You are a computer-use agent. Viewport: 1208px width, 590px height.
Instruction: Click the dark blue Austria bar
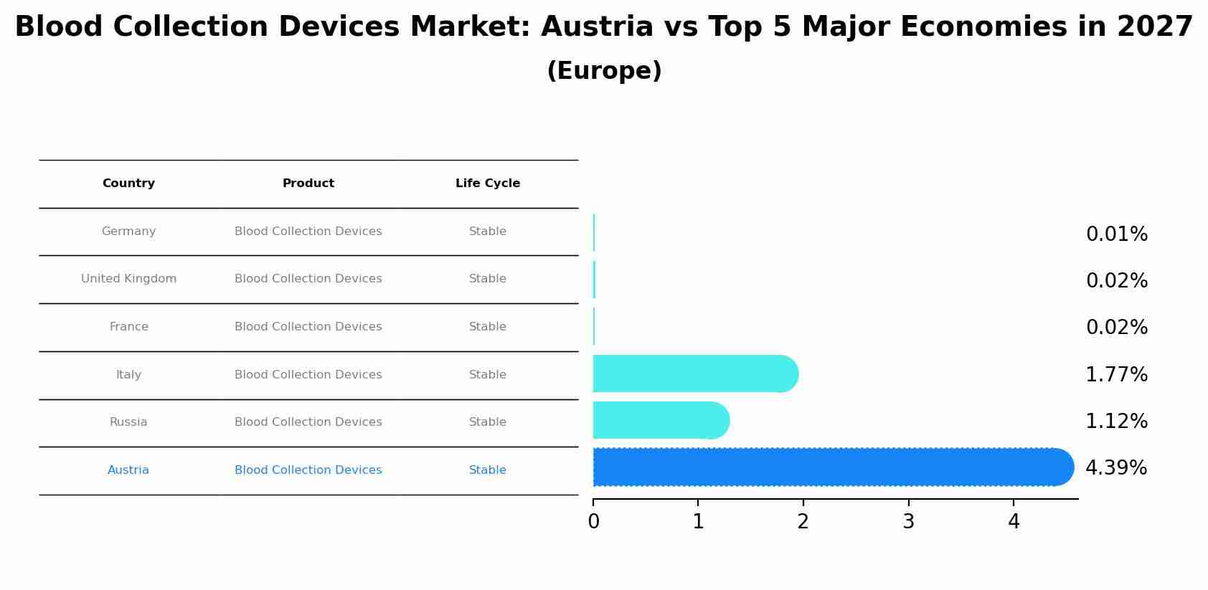[832, 467]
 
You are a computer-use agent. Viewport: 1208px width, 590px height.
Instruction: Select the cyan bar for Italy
[694, 374]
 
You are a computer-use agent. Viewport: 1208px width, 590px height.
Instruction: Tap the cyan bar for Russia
[660, 421]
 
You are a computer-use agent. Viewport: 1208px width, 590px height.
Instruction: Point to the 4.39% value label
[1116, 468]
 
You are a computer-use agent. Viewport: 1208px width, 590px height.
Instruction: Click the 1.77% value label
[1116, 375]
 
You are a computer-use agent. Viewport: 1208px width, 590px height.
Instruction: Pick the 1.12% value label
[1116, 422]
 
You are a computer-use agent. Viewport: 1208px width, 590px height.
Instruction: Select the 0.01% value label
[1116, 234]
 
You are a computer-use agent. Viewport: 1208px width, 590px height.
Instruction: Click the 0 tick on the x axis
[593, 522]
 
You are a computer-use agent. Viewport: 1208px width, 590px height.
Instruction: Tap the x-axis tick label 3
[908, 522]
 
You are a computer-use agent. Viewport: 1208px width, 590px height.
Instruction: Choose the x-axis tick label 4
[1013, 522]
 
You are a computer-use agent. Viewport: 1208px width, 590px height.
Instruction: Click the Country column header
[128, 184]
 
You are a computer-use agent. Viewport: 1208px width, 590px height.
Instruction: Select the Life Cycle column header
[488, 184]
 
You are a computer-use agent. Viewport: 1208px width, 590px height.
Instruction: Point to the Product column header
[308, 184]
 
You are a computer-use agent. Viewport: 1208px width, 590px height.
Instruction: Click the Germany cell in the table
[128, 232]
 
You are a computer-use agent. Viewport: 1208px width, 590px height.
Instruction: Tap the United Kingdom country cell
[128, 279]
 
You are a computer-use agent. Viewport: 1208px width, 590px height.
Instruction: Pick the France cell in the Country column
[128, 327]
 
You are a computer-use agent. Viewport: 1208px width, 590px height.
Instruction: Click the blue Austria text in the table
[128, 470]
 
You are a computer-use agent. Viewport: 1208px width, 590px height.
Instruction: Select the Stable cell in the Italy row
[488, 375]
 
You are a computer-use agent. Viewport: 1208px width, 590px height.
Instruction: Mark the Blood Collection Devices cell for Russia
[308, 422]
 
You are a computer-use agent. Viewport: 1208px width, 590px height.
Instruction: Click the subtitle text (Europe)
[604, 71]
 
